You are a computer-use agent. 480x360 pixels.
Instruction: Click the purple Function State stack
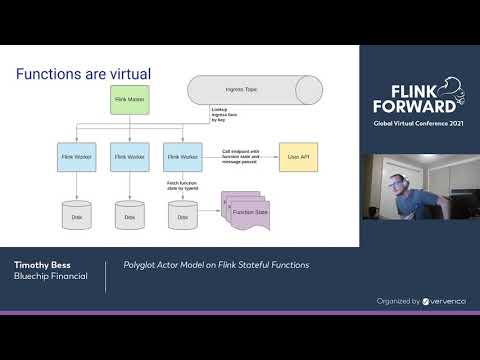coord(246,214)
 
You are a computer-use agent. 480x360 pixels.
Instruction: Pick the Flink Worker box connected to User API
coord(182,157)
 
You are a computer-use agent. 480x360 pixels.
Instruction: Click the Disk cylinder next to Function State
coord(182,214)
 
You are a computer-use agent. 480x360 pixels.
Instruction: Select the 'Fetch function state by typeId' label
coord(211,186)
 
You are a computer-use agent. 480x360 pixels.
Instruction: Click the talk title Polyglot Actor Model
coord(215,265)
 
